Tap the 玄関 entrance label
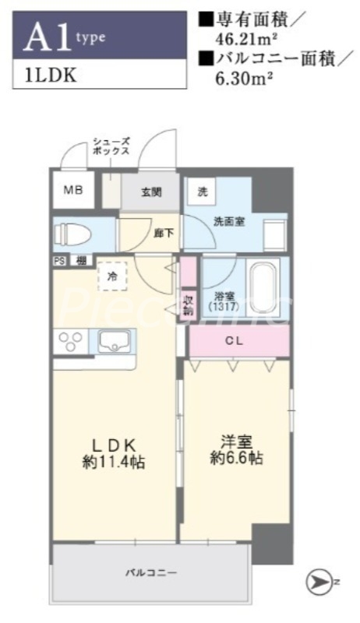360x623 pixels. [x=150, y=192]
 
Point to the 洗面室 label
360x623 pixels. [x=229, y=221]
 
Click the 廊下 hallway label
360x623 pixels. [x=164, y=233]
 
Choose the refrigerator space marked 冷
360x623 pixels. [x=112, y=276]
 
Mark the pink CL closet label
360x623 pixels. [x=235, y=340]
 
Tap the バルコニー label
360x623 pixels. [x=151, y=573]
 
